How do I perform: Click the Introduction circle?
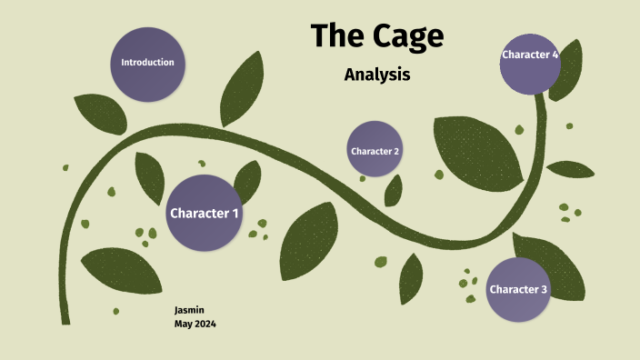pos(147,63)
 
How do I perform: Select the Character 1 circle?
pos(205,214)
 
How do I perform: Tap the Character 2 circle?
pos(375,149)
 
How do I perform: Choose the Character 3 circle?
pos(518,290)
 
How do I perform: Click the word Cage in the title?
pos(409,36)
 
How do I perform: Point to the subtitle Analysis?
pos(377,75)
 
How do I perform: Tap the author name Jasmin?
pos(190,310)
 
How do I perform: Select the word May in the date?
pos(183,324)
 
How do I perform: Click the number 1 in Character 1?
pos(235,214)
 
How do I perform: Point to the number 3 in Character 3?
pos(544,290)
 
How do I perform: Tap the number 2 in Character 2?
pos(396,151)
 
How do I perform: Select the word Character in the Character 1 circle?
pos(198,214)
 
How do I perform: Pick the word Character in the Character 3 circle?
pos(513,290)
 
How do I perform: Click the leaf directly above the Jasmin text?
pos(123,269)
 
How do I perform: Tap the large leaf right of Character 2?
pos(476,150)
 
